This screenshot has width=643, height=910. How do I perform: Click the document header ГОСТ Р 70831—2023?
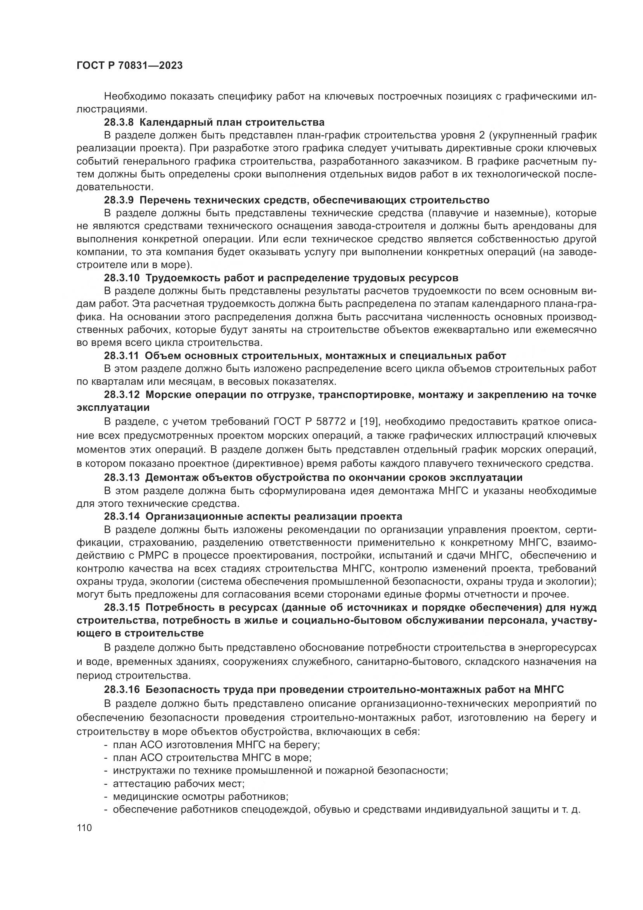(129, 66)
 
